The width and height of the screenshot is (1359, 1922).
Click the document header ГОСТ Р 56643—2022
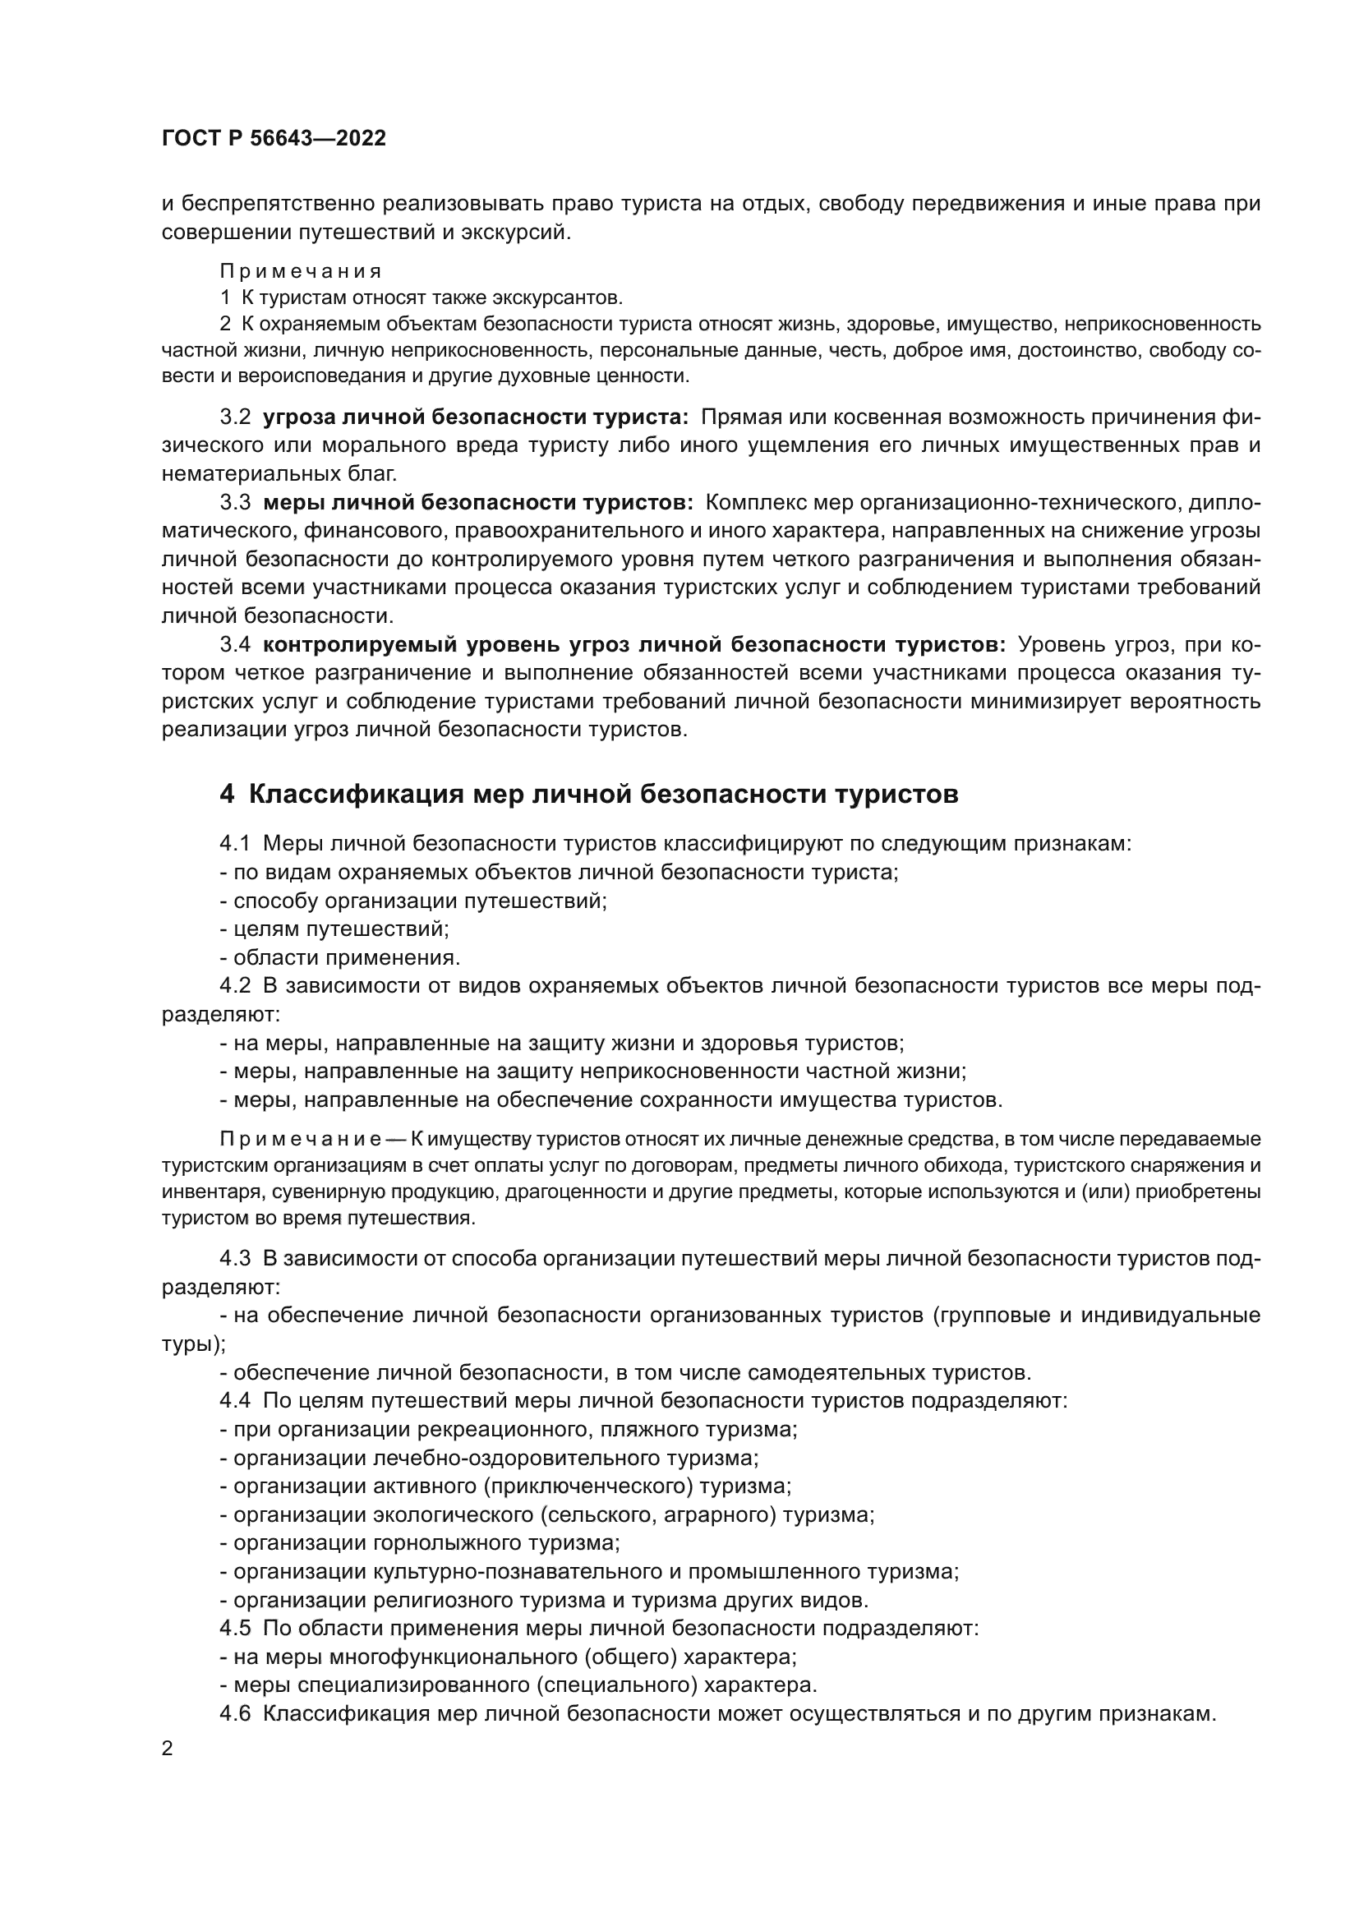pos(274,139)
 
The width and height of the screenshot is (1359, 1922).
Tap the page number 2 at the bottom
pos(168,1749)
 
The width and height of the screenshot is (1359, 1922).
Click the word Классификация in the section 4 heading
pos(356,794)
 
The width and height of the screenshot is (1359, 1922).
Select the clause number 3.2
pos(235,417)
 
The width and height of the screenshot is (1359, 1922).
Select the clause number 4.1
pos(234,844)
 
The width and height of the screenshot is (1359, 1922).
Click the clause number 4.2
pos(235,986)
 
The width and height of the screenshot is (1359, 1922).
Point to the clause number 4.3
pos(235,1259)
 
